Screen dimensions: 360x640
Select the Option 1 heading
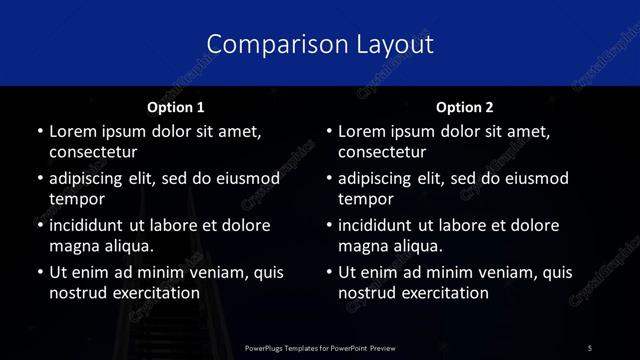click(x=176, y=107)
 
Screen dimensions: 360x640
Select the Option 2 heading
click(x=465, y=107)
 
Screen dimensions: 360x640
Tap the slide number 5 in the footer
click(x=590, y=347)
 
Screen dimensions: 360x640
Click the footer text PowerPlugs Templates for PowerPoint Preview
click(x=319, y=347)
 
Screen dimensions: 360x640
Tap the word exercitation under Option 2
click(x=442, y=293)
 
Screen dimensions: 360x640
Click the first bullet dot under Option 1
click(x=39, y=132)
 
